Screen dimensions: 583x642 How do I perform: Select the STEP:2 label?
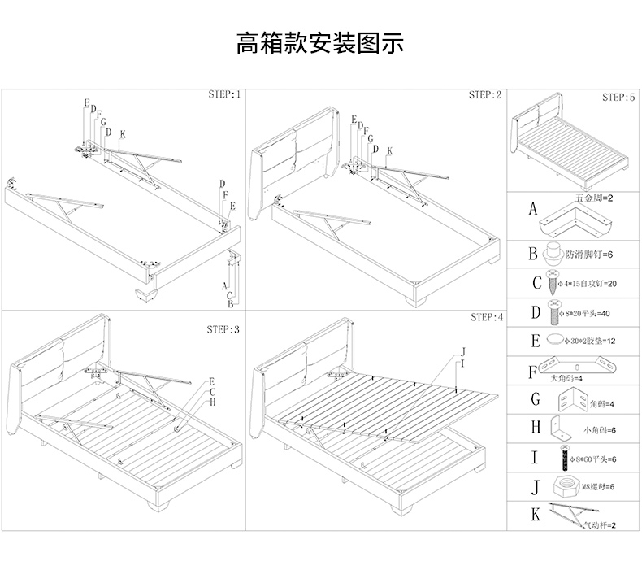coord(485,95)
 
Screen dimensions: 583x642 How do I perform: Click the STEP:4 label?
coord(486,317)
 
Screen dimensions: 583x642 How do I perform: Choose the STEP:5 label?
coord(618,97)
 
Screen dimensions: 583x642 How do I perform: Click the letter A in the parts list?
coord(533,209)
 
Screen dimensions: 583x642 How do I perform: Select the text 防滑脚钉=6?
coord(589,255)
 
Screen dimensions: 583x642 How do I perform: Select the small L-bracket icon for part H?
coord(559,425)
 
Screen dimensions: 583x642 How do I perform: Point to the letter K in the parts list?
coord(534,514)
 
